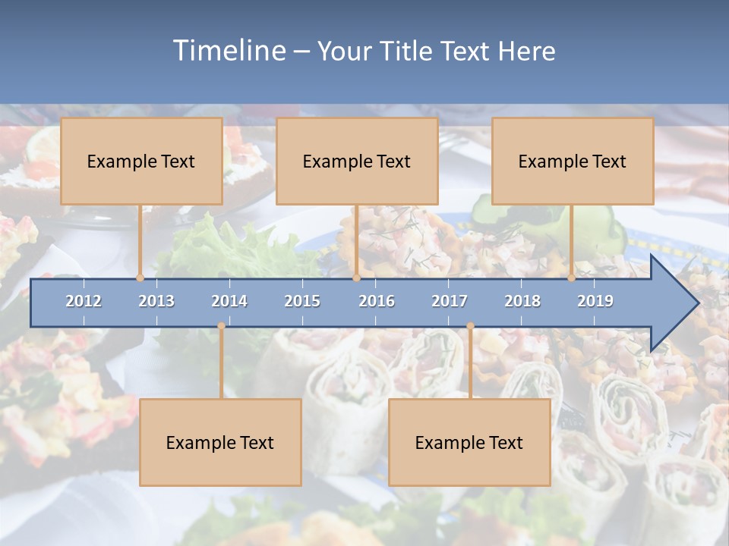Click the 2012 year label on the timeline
click(x=84, y=301)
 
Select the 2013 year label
click(x=156, y=301)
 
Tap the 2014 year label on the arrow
click(x=229, y=301)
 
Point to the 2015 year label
click(x=302, y=301)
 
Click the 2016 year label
click(x=377, y=301)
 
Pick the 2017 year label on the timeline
click(x=450, y=301)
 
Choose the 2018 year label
click(x=522, y=301)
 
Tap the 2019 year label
click(x=595, y=301)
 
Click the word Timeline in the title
click(x=228, y=51)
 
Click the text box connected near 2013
click(x=141, y=161)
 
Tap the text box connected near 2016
click(x=357, y=161)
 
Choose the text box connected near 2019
click(x=573, y=161)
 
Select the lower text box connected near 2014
click(x=220, y=442)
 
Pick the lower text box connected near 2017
click(x=469, y=442)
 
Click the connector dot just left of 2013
click(x=140, y=278)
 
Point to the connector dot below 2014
click(x=221, y=326)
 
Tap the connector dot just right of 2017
click(x=470, y=326)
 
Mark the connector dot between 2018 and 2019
click(x=571, y=278)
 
